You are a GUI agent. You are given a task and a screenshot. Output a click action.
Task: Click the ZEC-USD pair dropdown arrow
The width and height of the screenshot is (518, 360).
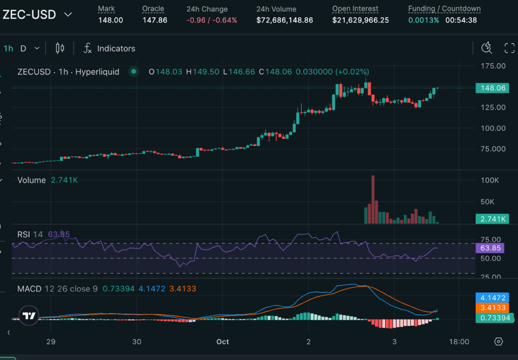pos(68,14)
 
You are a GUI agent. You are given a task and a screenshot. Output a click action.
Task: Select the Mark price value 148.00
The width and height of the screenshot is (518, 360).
pos(110,20)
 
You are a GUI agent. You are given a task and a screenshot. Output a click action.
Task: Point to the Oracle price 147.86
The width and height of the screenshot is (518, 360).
pos(154,20)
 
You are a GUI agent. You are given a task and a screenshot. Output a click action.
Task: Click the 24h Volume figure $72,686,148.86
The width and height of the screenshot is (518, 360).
pos(284,20)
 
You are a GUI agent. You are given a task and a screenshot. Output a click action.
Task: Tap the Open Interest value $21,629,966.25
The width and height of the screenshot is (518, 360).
pos(360,20)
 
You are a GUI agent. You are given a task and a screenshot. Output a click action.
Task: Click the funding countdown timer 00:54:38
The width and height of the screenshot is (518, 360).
pos(461,20)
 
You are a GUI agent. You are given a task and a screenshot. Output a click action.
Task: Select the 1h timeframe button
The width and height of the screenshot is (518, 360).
pos(9,49)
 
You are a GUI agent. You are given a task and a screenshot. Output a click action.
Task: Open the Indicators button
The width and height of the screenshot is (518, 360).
pos(109,49)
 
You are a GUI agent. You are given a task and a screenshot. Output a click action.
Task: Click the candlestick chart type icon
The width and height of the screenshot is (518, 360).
pos(60,49)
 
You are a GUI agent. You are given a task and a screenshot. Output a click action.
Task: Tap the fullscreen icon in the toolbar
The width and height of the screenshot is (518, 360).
pos(509,49)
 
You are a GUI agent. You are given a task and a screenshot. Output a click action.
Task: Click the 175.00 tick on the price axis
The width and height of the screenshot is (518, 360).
pos(493,66)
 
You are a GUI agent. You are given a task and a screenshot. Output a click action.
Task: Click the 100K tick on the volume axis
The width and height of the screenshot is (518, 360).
pos(490,180)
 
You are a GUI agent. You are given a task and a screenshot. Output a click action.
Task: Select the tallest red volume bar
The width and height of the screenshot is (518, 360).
pos(372,199)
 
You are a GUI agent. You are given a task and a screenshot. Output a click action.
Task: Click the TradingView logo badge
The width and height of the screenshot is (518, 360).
pos(29,316)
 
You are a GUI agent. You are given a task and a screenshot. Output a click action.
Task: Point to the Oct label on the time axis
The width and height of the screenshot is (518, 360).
pos(222,341)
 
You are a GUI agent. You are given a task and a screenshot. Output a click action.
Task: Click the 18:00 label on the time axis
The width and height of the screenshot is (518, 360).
pos(459,341)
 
